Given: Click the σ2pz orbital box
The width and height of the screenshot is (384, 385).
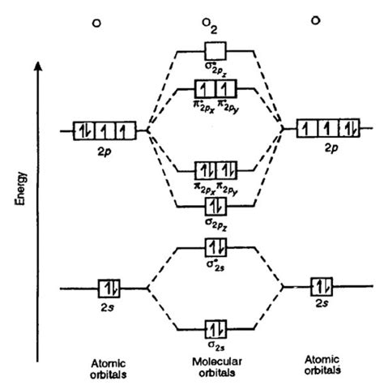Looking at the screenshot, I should [x=215, y=204].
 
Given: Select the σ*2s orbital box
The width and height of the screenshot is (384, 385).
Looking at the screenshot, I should [x=215, y=244].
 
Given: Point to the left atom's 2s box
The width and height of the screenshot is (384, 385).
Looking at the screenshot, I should [x=108, y=287].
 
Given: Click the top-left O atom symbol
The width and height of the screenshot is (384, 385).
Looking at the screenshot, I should [x=96, y=22].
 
